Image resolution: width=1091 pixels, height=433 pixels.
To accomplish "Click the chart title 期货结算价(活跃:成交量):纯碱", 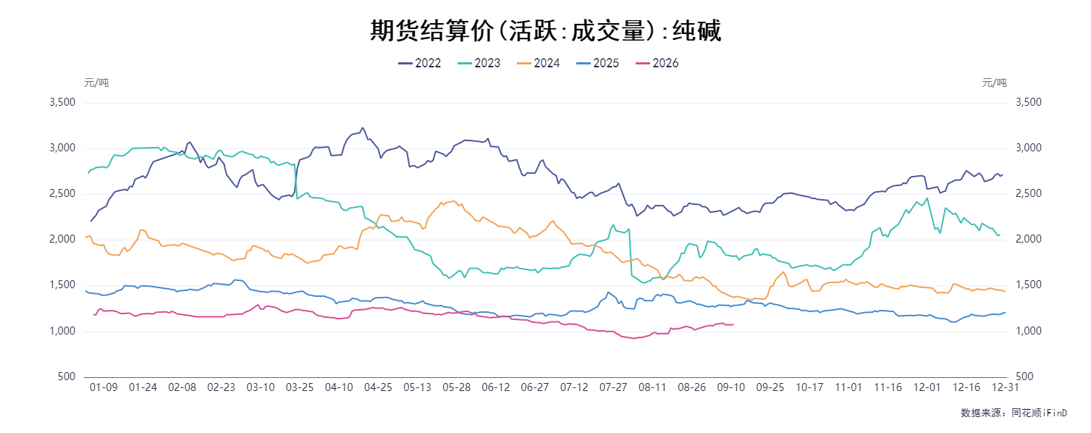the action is click(x=545, y=30).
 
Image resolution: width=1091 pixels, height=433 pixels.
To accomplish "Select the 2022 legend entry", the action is click(x=419, y=63).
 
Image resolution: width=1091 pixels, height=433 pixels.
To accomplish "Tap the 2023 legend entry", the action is click(x=479, y=63).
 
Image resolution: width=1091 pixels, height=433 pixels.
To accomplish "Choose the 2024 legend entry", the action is click(x=538, y=63).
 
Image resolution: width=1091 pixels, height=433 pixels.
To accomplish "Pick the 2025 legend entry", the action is click(x=597, y=63).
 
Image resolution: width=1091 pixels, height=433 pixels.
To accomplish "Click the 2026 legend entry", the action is click(x=657, y=63).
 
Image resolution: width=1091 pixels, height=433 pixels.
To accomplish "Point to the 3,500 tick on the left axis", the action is click(x=62, y=102).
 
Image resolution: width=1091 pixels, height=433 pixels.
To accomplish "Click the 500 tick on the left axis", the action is click(x=66, y=377).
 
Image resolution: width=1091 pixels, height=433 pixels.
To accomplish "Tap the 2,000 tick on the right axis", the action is click(x=1029, y=239).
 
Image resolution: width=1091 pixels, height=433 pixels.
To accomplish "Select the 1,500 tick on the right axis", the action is click(x=1029, y=285).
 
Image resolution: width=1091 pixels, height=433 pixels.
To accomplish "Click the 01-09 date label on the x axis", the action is click(x=104, y=387).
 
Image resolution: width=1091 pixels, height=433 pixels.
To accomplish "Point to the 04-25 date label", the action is click(x=378, y=387).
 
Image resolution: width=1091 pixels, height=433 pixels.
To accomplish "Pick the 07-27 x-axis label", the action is click(x=613, y=387).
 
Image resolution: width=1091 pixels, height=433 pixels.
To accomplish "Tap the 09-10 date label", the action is click(x=731, y=387).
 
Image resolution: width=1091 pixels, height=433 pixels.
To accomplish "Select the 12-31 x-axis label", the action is click(x=1006, y=387).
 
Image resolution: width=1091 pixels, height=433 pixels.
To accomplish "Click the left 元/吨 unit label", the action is click(x=96, y=83).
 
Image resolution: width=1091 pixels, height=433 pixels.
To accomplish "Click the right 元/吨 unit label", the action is click(x=995, y=83).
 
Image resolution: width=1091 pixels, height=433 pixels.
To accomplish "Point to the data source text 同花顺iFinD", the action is click(x=1039, y=413).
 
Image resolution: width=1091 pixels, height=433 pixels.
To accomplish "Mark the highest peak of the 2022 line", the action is click(x=362, y=128).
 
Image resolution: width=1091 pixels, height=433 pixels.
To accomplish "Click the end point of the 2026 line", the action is click(x=733, y=324).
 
